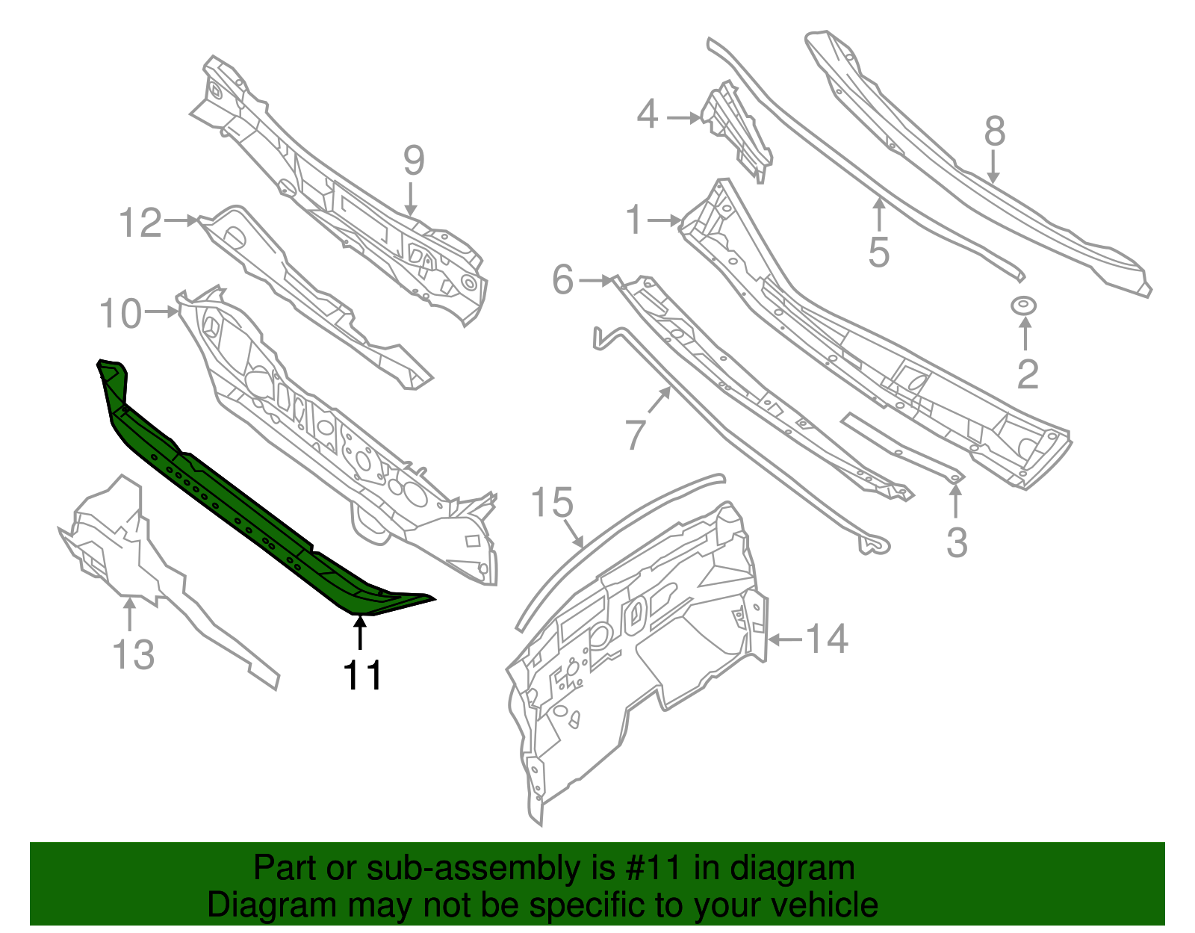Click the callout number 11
362,675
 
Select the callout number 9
414,161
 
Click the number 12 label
140,223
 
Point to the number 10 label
120,313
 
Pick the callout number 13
133,654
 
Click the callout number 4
647,116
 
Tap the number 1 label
634,220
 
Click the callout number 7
634,433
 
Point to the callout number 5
879,252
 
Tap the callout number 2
1028,373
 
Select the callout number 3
957,542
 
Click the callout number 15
552,503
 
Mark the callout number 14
828,639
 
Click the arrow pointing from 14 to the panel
784,639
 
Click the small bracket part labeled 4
736,131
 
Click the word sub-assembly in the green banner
471,868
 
